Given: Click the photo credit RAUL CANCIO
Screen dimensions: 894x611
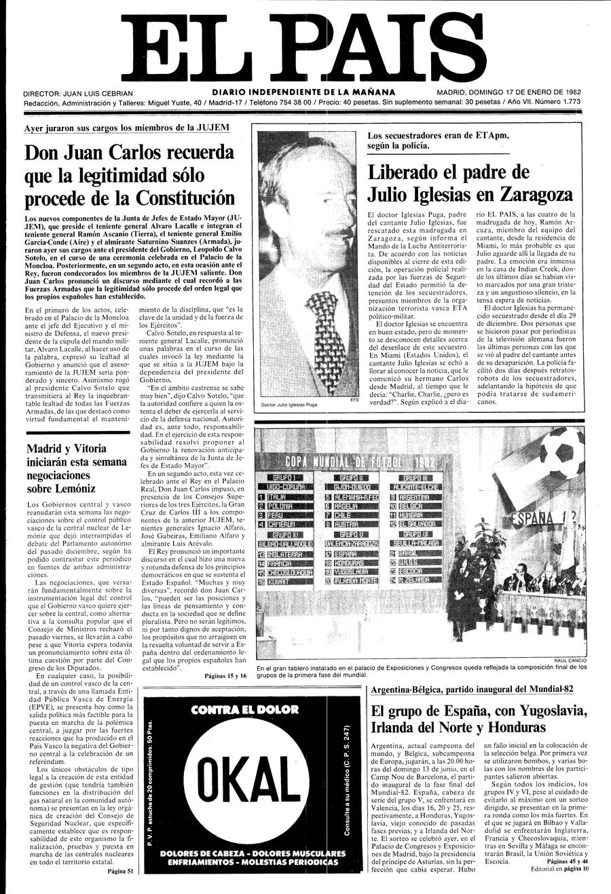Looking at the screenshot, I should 565,660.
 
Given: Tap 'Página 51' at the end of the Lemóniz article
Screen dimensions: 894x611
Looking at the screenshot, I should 121,872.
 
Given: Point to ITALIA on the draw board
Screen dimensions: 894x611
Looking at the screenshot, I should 280,496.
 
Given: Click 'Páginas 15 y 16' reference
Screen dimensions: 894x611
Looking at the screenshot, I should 227,675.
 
